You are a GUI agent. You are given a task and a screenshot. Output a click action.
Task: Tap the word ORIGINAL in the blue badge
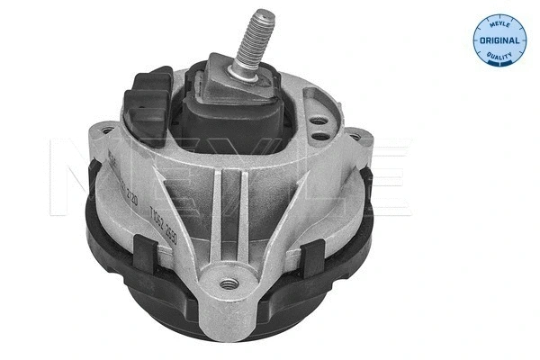coord(497,40)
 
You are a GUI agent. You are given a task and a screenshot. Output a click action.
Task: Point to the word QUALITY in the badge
coord(497,57)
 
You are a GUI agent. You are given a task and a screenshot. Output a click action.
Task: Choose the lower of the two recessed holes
coord(320,136)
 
